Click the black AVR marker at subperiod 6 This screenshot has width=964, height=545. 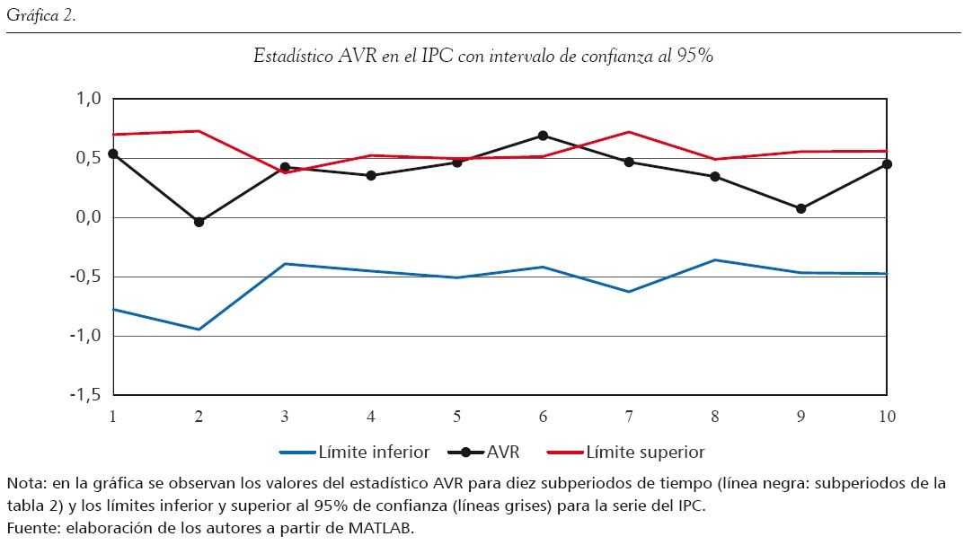(x=543, y=136)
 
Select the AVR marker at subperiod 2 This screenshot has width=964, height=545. (x=199, y=222)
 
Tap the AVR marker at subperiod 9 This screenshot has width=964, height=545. (x=800, y=208)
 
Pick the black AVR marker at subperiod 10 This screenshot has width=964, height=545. (x=887, y=164)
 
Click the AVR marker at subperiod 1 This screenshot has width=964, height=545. (x=113, y=154)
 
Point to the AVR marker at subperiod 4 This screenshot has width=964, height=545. (x=371, y=175)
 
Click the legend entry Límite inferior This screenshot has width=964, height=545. (x=356, y=452)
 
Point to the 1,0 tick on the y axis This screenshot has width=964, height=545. (x=90, y=99)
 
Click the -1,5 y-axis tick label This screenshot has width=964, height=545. (x=86, y=395)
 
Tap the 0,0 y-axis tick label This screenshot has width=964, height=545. (x=90, y=217)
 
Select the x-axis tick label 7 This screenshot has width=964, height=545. (x=629, y=416)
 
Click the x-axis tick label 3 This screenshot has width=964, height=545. (x=285, y=416)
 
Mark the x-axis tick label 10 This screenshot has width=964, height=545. (x=887, y=416)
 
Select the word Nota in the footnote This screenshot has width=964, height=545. (x=24, y=483)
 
